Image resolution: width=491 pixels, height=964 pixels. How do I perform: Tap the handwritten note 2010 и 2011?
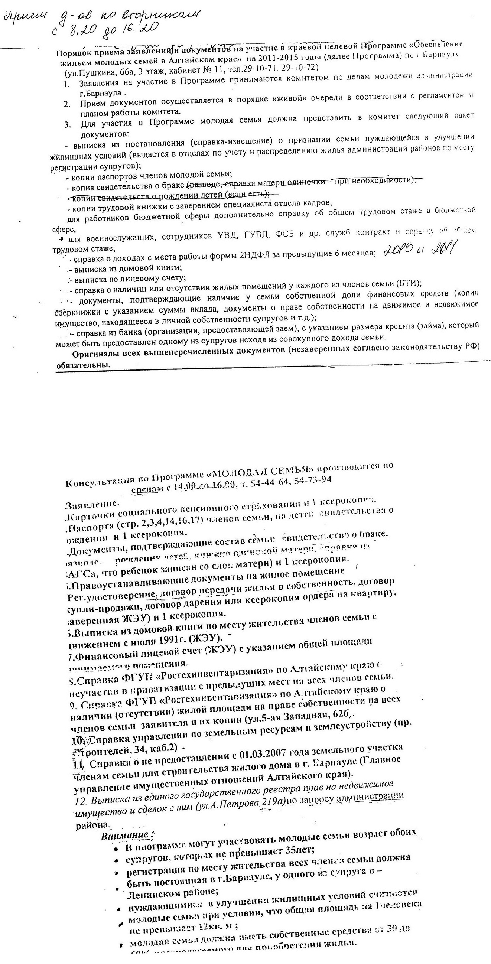pyautogui.click(x=419, y=250)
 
